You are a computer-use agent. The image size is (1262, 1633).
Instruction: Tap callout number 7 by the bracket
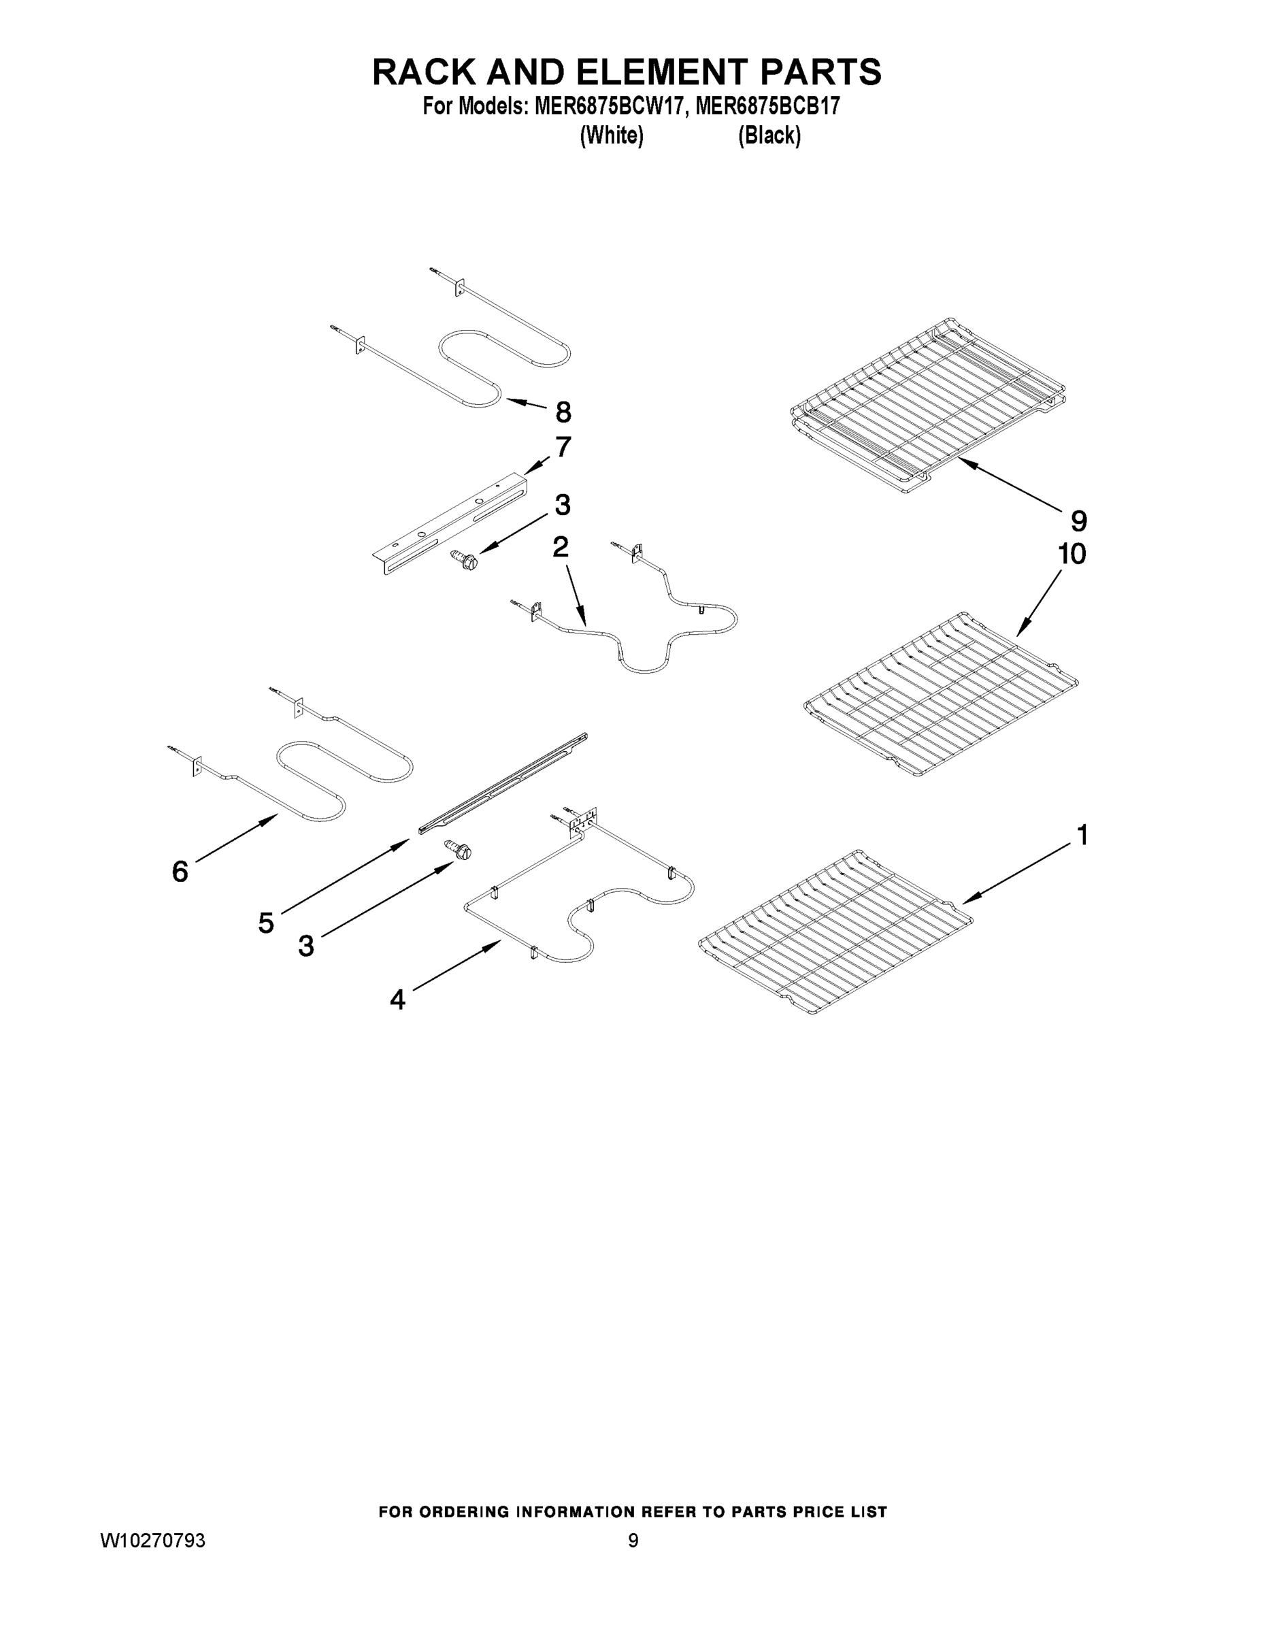click(x=563, y=447)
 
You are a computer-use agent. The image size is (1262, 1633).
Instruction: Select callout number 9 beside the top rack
click(x=1078, y=521)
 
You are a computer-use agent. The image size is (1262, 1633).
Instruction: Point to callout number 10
click(x=1072, y=554)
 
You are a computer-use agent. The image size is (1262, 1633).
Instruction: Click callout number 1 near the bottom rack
click(x=1081, y=835)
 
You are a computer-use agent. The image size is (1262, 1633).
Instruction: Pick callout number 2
click(x=560, y=547)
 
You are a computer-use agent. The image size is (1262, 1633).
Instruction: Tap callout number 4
click(x=398, y=999)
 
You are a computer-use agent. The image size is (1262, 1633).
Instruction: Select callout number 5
click(x=266, y=923)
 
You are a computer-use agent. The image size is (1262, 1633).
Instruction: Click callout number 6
click(x=180, y=871)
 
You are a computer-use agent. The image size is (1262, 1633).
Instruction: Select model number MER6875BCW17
click(x=609, y=107)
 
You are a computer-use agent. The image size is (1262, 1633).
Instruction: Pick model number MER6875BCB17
click(x=768, y=107)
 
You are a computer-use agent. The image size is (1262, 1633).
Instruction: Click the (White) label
click(x=612, y=135)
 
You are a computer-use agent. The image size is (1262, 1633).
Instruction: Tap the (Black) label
click(x=769, y=135)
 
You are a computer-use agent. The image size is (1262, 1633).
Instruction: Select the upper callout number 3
click(x=562, y=506)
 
